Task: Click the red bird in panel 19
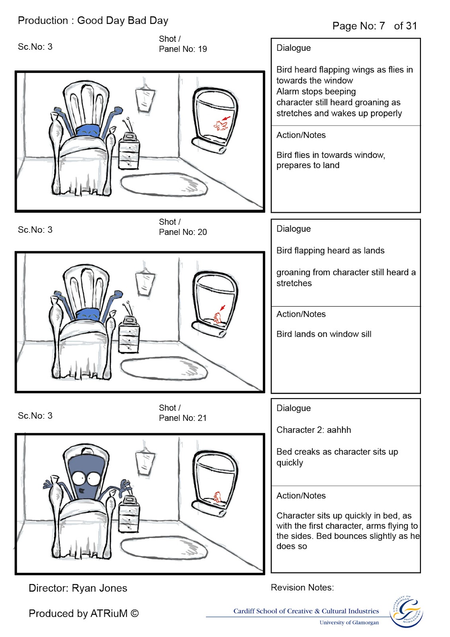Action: click(x=220, y=125)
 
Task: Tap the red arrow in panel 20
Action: click(x=222, y=308)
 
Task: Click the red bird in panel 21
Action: click(x=217, y=497)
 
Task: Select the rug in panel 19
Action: click(x=164, y=185)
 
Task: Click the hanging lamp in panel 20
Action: click(x=145, y=282)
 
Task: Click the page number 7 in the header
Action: click(x=382, y=26)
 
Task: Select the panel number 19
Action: click(x=203, y=49)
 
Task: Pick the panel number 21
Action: click(x=202, y=418)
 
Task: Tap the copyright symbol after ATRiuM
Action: click(x=134, y=613)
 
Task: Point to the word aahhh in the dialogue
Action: click(x=339, y=430)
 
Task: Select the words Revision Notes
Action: click(x=302, y=588)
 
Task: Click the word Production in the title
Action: click(x=43, y=20)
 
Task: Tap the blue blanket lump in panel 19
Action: click(x=88, y=131)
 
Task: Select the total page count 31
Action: click(x=411, y=26)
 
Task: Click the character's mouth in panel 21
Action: click(x=82, y=490)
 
